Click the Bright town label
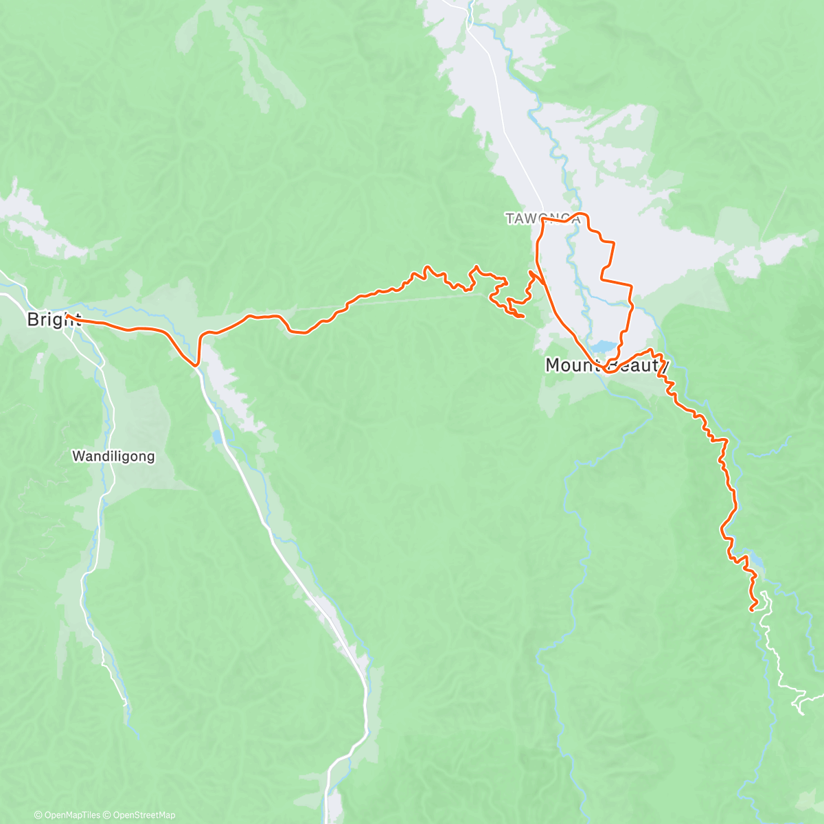pyautogui.click(x=54, y=319)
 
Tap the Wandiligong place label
pyautogui.click(x=113, y=456)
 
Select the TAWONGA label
pyautogui.click(x=542, y=218)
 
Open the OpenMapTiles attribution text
pyautogui.click(x=72, y=815)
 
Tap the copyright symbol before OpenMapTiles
pyautogui.click(x=38, y=815)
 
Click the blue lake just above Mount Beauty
pyautogui.click(x=602, y=346)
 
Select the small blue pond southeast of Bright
pyautogui.click(x=217, y=437)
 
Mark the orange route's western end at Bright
pyautogui.click(x=67, y=315)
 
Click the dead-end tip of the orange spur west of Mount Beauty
pyautogui.click(x=524, y=316)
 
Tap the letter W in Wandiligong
pyautogui.click(x=78, y=456)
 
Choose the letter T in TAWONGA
pyautogui.click(x=510, y=218)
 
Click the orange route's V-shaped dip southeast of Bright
pyautogui.click(x=197, y=362)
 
